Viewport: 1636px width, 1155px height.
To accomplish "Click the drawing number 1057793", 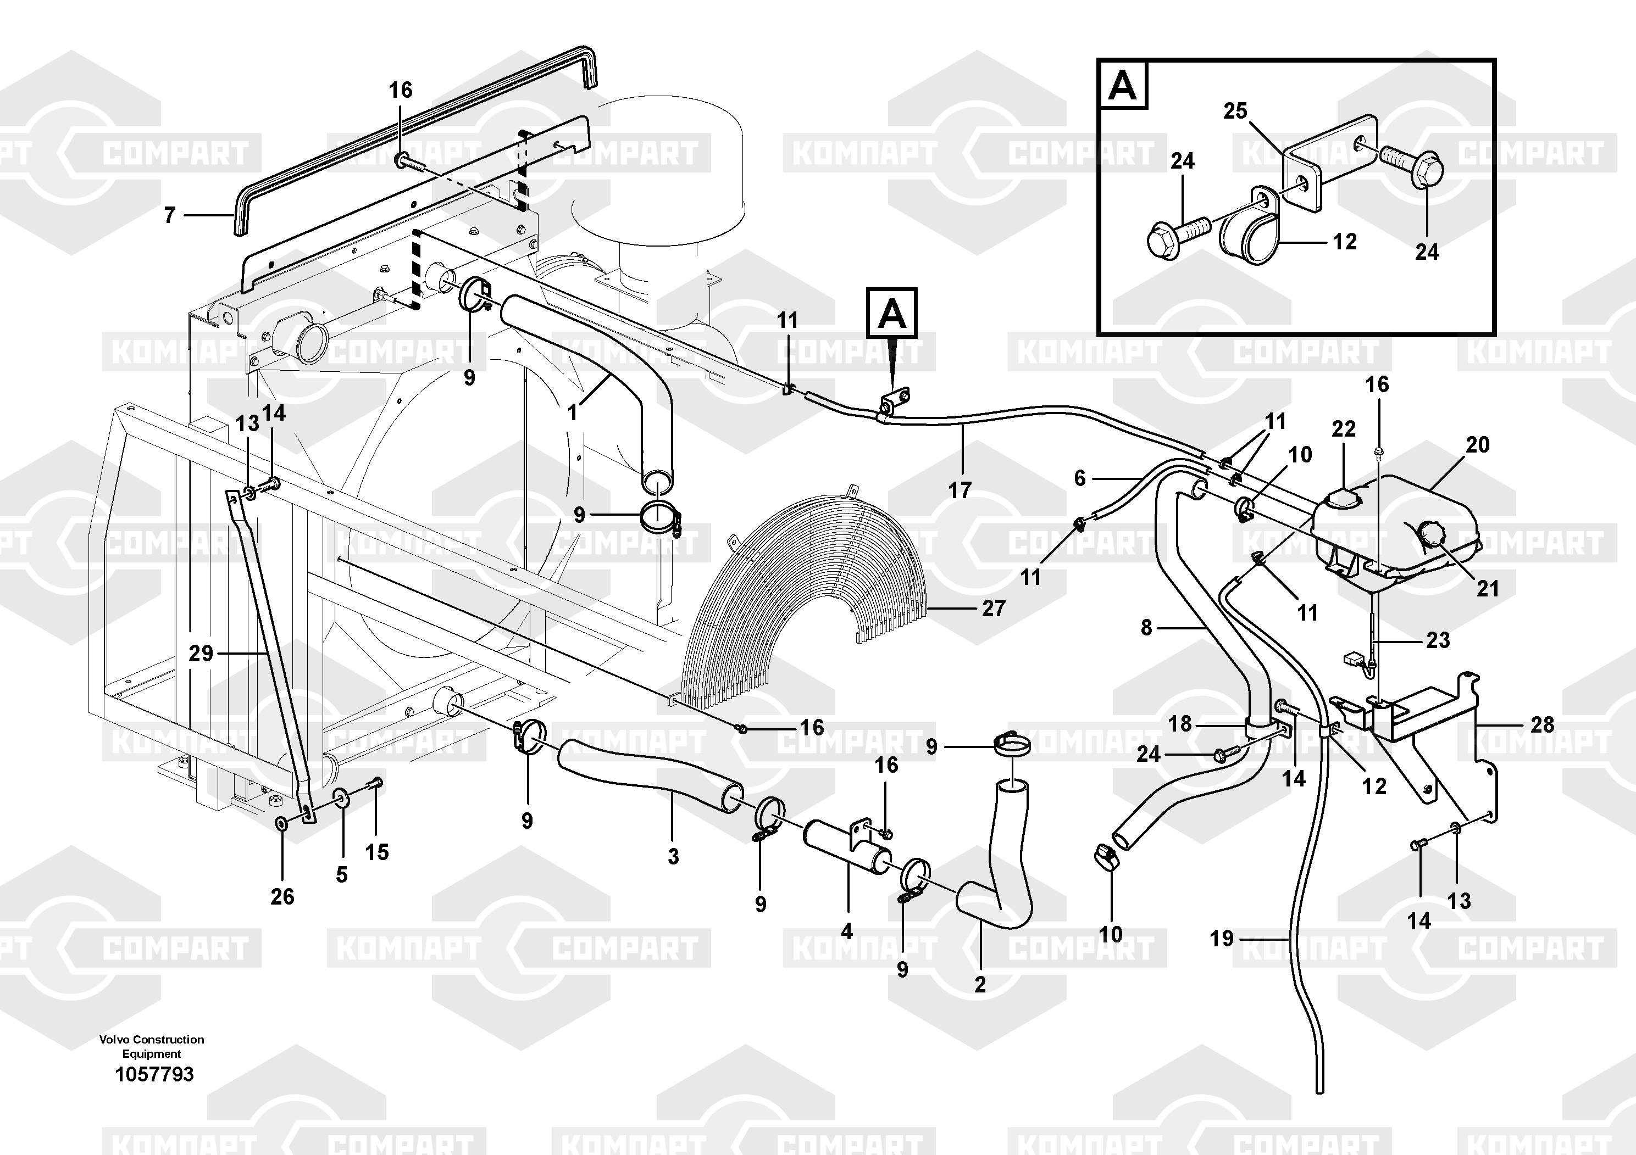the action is coord(154,1074).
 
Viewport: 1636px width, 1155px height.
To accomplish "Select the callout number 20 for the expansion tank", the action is coord(1477,444).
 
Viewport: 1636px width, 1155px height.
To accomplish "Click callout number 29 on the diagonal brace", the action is coord(201,653).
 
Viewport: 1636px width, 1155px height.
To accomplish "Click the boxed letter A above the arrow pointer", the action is coord(891,313).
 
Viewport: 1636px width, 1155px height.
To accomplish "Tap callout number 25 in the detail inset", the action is coord(1235,111).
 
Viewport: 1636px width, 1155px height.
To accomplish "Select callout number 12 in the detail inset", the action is coord(1345,242).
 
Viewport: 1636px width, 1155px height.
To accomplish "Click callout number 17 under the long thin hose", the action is coord(960,490).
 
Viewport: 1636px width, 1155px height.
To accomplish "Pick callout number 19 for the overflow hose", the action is coord(1221,939).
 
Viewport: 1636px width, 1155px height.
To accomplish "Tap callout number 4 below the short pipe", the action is coord(846,931).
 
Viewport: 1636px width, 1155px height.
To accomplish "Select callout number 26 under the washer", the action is coord(282,896).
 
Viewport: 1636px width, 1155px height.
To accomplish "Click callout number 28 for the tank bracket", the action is coord(1542,725).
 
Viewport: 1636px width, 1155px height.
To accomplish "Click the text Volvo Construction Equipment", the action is coord(152,1047).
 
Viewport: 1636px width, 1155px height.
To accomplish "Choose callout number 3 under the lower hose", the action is coord(673,857).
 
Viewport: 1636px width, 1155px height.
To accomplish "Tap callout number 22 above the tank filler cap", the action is coord(1343,429).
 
